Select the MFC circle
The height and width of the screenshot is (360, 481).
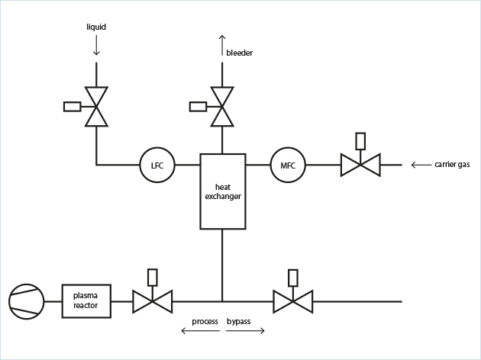[288, 164]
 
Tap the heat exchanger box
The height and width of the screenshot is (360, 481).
[222, 191]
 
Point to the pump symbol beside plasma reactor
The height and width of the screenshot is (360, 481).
[27, 301]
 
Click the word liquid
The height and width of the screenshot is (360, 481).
[95, 27]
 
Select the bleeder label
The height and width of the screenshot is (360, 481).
[239, 53]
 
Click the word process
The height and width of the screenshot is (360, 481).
[205, 321]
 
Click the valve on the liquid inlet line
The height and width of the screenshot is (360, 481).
[96, 106]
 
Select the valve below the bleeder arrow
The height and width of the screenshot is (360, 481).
[222, 106]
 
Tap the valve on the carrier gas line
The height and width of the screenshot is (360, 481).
[360, 164]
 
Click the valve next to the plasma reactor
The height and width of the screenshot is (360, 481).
[152, 301]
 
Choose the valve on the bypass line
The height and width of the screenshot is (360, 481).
[293, 301]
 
